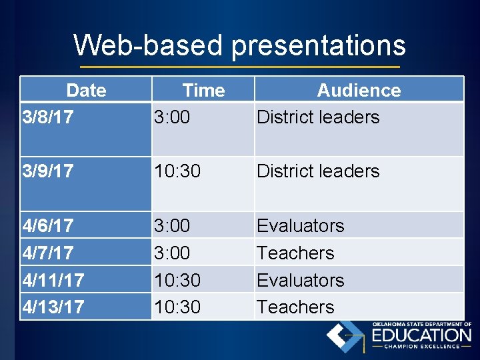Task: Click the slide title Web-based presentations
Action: click(239, 45)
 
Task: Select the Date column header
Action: click(86, 90)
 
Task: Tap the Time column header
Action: click(203, 90)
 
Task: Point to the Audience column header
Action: click(359, 90)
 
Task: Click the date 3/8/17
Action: click(47, 117)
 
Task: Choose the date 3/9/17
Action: click(47, 171)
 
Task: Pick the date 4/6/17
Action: click(47, 226)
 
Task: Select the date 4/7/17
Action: click(47, 253)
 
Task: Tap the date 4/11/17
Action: click(53, 280)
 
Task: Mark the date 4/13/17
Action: click(53, 307)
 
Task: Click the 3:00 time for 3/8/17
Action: click(172, 117)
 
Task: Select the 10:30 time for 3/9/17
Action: click(177, 171)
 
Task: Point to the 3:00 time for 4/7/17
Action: click(172, 253)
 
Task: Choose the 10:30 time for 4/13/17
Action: click(177, 307)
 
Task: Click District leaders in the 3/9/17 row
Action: click(318, 171)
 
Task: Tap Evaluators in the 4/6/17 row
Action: click(301, 226)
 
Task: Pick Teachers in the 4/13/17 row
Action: click(295, 307)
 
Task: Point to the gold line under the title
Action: click(239, 67)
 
